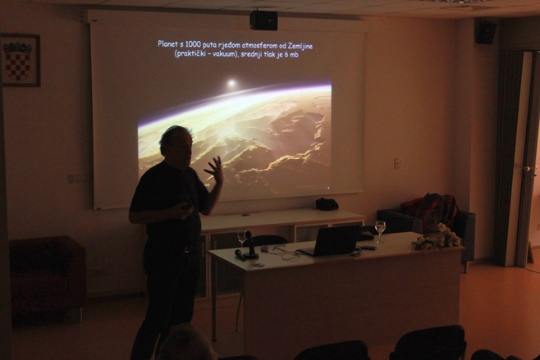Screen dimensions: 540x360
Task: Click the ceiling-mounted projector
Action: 263,21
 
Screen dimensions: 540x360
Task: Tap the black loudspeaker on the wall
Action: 486,31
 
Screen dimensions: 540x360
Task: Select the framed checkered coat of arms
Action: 21,60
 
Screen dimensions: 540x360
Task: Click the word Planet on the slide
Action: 167,44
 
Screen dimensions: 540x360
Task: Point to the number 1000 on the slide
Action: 193,44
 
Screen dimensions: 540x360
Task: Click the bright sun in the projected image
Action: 231,83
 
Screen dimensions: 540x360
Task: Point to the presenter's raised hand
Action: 214,169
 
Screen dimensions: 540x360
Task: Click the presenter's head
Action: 176,145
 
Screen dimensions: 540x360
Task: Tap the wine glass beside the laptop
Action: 380,231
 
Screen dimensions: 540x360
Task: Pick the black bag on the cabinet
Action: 327,204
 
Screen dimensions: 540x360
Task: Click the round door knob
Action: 527,169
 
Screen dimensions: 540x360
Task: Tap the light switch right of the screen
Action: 397,163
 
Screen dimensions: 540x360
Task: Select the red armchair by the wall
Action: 47,277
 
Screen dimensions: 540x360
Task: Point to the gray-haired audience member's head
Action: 186,343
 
